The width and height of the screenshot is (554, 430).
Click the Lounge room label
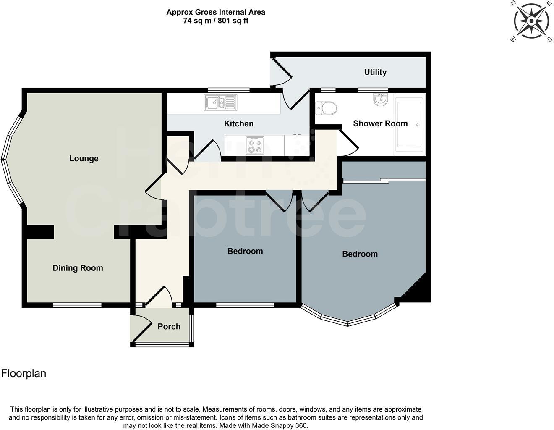(84, 158)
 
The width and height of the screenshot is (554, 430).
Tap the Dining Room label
(78, 268)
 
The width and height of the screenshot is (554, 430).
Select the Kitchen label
(238, 123)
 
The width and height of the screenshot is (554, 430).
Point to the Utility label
(375, 72)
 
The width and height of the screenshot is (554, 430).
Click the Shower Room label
(380, 123)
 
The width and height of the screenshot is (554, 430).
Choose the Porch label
(169, 326)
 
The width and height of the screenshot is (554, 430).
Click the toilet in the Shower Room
(326, 108)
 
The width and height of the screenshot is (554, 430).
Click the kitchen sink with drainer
(221, 102)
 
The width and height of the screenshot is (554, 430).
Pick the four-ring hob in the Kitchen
(255, 145)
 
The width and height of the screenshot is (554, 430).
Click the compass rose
(531, 21)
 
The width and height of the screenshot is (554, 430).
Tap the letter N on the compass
(513, 3)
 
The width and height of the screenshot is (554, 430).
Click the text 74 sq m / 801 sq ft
(215, 21)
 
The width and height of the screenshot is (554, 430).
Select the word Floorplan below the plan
(24, 373)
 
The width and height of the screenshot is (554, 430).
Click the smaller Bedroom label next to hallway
(245, 251)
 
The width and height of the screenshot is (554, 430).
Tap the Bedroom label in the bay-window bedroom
(360, 254)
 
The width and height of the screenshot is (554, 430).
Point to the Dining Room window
(77, 305)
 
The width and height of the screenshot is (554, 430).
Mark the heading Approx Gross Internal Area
(215, 12)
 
